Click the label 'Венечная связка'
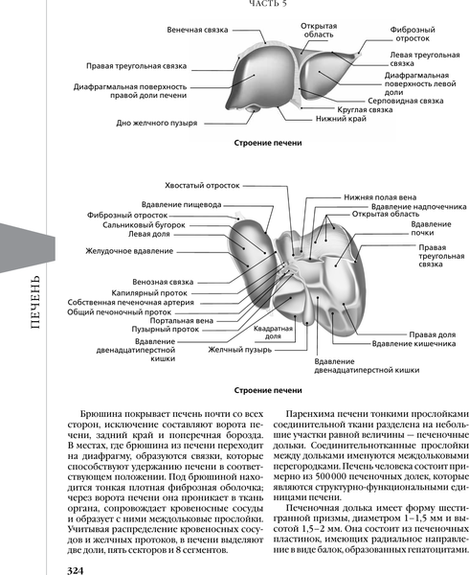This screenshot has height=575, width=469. (196, 31)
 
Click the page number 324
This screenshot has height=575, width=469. (78, 569)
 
